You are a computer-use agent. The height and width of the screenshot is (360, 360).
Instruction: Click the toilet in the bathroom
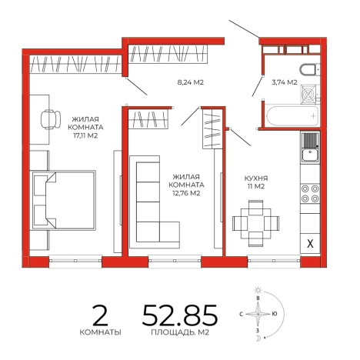tap(310, 70)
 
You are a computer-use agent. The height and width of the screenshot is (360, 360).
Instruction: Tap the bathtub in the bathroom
tap(293, 115)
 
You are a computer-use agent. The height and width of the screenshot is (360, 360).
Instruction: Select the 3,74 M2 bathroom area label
tap(285, 82)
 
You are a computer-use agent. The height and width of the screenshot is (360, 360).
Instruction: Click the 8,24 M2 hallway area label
tap(191, 82)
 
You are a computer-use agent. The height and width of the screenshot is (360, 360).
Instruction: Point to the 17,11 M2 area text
tap(85, 135)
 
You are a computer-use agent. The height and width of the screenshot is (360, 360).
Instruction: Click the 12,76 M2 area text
tap(186, 193)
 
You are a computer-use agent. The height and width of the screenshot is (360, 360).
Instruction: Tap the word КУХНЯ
tap(256, 178)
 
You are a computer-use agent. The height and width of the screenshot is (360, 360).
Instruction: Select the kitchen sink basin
tap(310, 155)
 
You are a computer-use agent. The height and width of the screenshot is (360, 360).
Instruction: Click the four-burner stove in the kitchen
tap(310, 194)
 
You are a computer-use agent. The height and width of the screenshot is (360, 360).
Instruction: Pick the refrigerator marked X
tap(310, 243)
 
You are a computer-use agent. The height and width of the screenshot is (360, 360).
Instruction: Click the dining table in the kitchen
tap(256, 223)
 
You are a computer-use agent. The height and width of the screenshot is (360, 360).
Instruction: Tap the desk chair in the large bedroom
tap(51, 119)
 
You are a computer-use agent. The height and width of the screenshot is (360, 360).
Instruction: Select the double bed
tap(64, 200)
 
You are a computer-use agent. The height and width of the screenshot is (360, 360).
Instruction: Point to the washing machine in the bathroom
tap(310, 95)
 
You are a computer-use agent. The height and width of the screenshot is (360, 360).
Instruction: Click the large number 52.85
tap(180, 315)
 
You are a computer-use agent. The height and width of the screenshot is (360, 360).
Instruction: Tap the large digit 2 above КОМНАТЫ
tap(100, 316)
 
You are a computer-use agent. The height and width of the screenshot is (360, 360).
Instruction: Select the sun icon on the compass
tap(258, 290)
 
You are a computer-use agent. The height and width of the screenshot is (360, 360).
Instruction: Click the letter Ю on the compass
tap(275, 314)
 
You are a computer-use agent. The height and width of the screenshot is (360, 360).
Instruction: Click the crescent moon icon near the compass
tap(258, 338)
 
